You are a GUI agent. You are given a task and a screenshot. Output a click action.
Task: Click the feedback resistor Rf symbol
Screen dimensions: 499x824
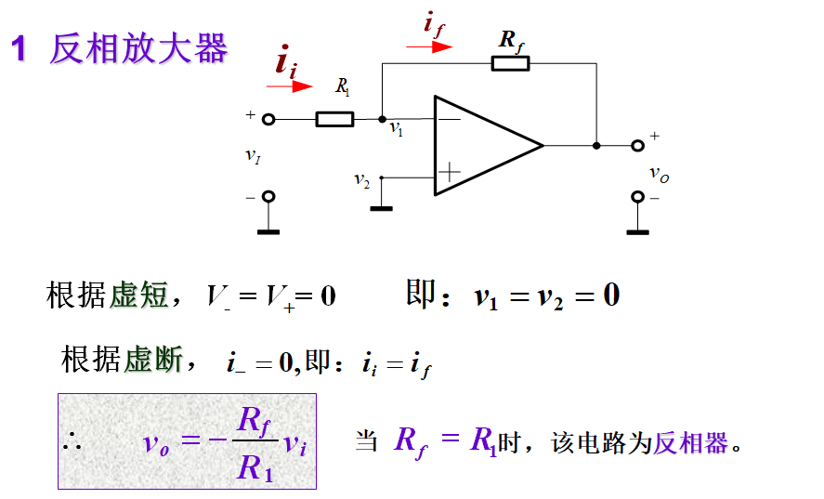coord(509,63)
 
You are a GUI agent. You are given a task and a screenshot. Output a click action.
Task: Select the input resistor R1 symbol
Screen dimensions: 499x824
coord(334,119)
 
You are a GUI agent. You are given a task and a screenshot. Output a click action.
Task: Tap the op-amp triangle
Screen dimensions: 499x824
coord(483,146)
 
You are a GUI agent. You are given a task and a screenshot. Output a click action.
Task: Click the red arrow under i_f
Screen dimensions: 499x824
coord(430,46)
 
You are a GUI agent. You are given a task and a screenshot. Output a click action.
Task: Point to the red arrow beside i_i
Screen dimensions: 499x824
coord(290,86)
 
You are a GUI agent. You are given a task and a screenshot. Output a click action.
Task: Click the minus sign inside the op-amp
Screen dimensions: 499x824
coord(449,118)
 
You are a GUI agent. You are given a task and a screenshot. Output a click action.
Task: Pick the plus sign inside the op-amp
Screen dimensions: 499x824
coord(449,172)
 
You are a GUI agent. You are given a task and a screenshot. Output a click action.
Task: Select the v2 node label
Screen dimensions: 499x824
coord(362,179)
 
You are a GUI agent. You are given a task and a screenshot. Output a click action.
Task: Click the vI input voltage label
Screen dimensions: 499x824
coord(253,156)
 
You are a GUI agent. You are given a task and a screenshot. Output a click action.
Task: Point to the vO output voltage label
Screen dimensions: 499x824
coord(658,173)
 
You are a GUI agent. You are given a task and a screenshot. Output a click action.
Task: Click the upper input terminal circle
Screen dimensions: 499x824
coord(268,119)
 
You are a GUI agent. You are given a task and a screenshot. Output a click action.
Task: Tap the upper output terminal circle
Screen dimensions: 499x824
coord(637,145)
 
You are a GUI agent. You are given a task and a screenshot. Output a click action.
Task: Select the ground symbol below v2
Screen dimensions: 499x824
coord(381,207)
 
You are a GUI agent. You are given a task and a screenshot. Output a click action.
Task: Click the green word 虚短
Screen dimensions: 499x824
coord(139,295)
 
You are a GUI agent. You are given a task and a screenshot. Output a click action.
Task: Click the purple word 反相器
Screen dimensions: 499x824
coord(691,442)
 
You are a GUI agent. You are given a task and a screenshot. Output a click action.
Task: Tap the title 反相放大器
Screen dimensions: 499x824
coord(138,48)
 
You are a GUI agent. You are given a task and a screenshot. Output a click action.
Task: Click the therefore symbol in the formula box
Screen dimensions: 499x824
coord(72,443)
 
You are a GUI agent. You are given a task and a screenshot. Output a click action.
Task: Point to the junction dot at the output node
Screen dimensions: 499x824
coord(596,145)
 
